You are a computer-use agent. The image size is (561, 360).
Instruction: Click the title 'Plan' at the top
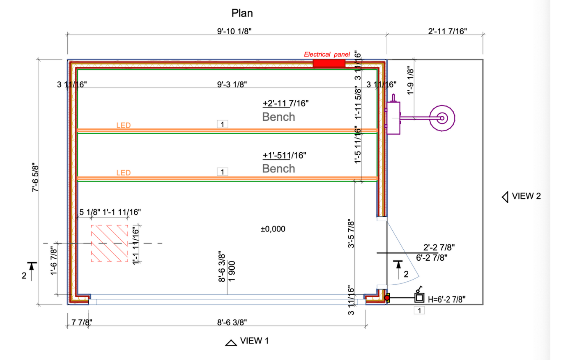(242, 13)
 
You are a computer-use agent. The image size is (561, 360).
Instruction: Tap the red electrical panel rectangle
(329, 63)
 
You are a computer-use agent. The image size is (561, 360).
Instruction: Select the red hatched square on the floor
(109, 243)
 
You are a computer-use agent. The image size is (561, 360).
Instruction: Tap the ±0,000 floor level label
(273, 229)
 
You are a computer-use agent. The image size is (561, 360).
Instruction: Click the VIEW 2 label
(526, 196)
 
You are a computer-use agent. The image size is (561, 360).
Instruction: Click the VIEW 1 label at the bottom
(255, 340)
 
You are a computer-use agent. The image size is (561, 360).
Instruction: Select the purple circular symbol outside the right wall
(441, 118)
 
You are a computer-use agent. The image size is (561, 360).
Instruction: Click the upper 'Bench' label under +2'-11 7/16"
(278, 117)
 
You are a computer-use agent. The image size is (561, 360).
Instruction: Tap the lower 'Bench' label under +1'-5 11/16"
(278, 169)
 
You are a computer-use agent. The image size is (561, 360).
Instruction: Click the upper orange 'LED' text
(123, 126)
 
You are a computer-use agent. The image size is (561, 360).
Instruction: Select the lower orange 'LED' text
(123, 173)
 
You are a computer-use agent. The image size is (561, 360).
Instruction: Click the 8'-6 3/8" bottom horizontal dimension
(232, 323)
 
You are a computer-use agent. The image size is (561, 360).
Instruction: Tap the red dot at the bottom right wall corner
(387, 298)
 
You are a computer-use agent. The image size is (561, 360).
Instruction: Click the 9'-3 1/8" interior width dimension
(232, 85)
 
